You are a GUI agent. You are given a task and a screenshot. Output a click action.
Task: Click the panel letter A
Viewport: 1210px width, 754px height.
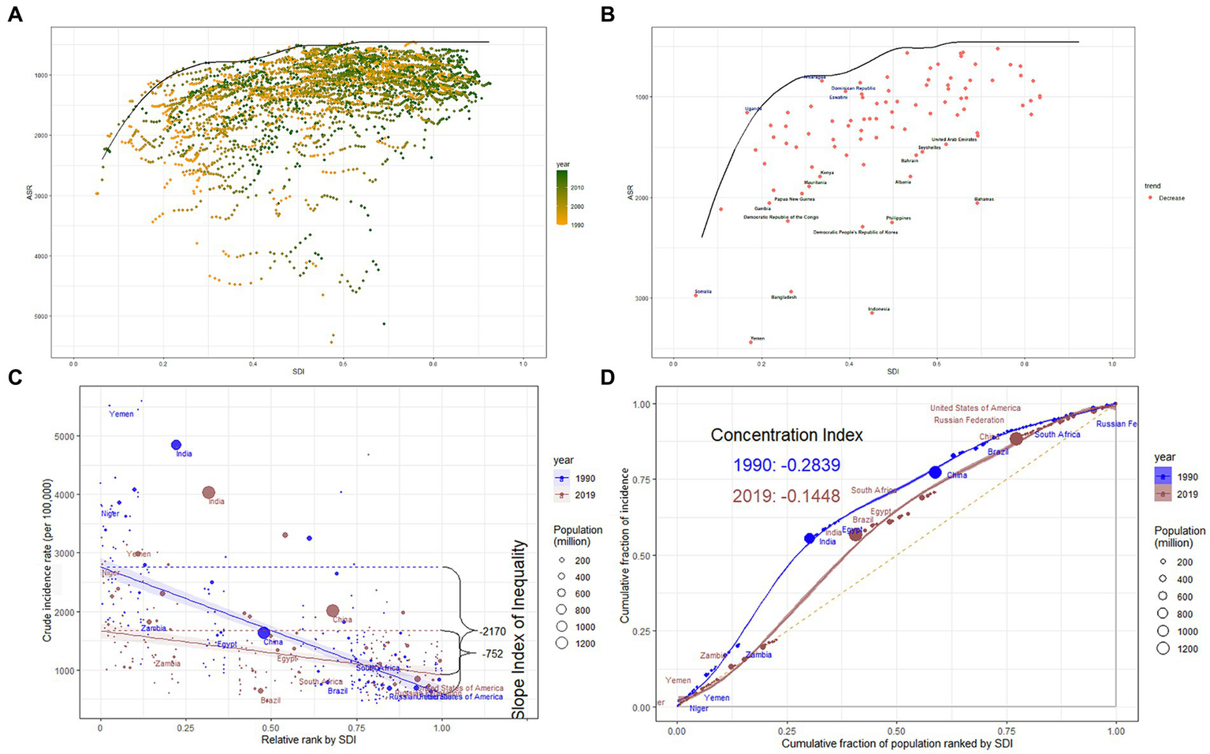point(15,14)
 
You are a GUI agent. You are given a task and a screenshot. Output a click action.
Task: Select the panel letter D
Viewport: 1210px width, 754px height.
point(609,377)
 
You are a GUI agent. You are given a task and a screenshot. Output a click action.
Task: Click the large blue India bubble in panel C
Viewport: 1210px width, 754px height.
point(177,446)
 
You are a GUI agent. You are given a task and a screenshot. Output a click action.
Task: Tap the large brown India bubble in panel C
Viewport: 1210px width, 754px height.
point(209,492)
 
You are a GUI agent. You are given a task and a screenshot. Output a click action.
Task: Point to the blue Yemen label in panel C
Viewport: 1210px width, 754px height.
point(121,414)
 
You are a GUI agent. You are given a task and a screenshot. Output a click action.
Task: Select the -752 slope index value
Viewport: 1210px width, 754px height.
point(493,653)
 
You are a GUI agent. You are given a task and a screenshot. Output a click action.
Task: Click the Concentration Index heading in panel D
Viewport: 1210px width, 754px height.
point(786,435)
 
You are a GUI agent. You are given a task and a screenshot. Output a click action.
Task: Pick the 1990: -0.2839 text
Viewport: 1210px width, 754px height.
point(786,465)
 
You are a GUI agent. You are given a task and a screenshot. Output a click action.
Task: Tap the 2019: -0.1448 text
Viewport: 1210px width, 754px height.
point(786,496)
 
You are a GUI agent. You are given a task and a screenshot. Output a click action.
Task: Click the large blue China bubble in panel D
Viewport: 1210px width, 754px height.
point(935,472)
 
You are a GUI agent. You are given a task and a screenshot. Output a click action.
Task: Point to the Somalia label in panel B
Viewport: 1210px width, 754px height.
point(702,292)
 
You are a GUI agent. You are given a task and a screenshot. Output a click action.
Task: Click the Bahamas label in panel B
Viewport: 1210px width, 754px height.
point(984,200)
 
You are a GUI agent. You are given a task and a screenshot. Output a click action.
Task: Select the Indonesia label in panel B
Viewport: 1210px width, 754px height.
point(878,309)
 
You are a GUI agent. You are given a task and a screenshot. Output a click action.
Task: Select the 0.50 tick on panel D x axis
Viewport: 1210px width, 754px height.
point(896,721)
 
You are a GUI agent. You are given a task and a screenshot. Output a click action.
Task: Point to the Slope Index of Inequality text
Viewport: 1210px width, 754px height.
point(519,629)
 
